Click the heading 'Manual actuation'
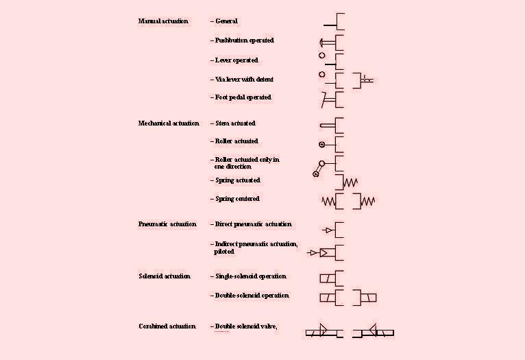click(x=163, y=21)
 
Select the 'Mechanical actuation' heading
click(x=169, y=123)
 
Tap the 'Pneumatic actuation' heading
click(x=167, y=224)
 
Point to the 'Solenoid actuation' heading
click(x=164, y=276)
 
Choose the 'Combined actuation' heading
click(x=167, y=326)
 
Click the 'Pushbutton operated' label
click(x=245, y=40)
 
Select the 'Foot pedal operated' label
click(x=243, y=97)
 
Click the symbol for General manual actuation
click(x=335, y=21)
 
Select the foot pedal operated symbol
click(x=332, y=100)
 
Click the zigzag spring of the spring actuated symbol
click(x=350, y=182)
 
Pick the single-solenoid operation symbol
click(x=332, y=278)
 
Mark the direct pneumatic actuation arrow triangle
click(x=329, y=230)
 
